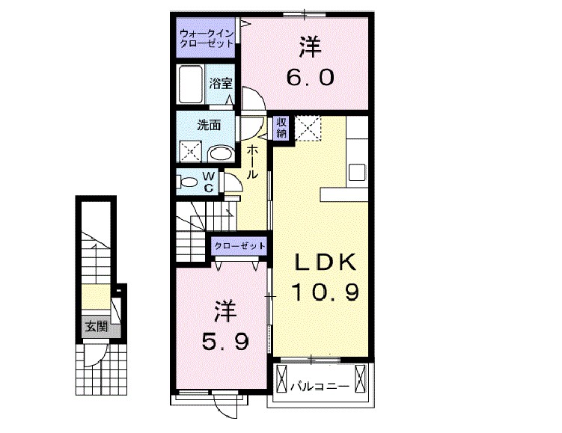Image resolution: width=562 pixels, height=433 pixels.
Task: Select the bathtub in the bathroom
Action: [x=192, y=84]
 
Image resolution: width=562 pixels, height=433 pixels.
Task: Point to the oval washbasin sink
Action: [x=219, y=153]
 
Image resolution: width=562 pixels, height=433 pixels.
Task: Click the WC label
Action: [x=209, y=182]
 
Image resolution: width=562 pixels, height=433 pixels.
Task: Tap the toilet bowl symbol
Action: [x=188, y=181]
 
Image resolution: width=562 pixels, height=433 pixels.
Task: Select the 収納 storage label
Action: [x=281, y=128]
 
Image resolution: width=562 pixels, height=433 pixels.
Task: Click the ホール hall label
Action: [x=253, y=161]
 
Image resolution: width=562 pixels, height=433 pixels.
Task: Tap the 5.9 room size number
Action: [x=222, y=341]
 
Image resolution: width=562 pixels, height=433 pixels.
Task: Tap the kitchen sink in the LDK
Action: [x=355, y=171]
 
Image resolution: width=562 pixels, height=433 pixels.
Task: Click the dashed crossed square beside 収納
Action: [x=308, y=129]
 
